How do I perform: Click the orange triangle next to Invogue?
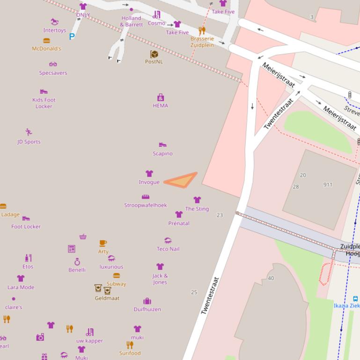[183, 180]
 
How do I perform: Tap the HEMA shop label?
[160, 106]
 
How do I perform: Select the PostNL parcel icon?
[154, 54]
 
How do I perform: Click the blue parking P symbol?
[72, 36]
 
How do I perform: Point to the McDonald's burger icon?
[46, 41]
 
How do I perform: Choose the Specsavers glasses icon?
[53, 65]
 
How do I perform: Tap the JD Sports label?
[29, 142]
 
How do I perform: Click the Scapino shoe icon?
[162, 145]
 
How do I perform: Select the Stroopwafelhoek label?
[146, 205]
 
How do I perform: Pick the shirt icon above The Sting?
[197, 200]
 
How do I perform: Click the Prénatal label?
[179, 223]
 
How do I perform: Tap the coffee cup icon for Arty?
[103, 243]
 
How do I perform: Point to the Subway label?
[116, 284]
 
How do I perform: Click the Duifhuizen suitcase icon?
[147, 301]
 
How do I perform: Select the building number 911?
[328, 185]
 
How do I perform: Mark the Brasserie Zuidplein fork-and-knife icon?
[202, 31]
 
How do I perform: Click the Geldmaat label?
[107, 298]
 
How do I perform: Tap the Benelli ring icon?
[77, 262]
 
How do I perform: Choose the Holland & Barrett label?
[131, 22]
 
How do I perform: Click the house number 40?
[271, 279]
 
